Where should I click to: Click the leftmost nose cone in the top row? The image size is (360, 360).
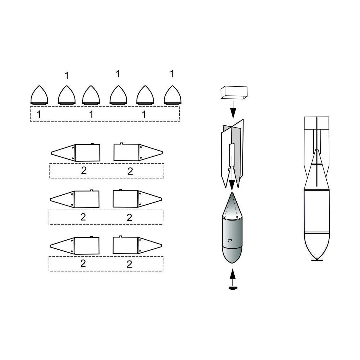click(x=40, y=95)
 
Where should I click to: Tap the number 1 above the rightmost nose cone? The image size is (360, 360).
click(x=172, y=73)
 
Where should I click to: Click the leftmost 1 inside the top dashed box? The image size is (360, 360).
click(x=39, y=114)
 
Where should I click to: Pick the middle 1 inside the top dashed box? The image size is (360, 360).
click(x=91, y=114)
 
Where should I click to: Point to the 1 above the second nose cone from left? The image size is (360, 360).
click(x=67, y=76)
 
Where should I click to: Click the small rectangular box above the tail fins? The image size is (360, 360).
click(x=234, y=92)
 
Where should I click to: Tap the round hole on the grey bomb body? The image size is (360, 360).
click(x=229, y=240)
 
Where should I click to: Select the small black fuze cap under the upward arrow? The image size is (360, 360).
click(x=232, y=288)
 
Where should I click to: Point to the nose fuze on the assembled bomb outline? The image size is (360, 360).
click(x=317, y=259)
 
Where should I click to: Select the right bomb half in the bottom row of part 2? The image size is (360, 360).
click(x=138, y=245)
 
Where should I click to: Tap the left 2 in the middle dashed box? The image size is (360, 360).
click(x=83, y=217)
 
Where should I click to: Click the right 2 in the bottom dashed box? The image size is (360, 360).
click(x=130, y=264)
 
